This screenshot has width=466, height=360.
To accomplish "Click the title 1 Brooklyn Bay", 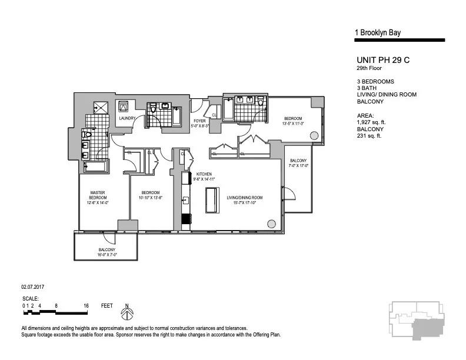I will [378, 33].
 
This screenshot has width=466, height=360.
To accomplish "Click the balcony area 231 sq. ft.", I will [369, 136].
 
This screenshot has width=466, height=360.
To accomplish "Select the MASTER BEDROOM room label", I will [98, 195].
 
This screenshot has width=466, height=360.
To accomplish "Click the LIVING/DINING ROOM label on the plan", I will [245, 197].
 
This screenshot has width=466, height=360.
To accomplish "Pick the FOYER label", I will [198, 121].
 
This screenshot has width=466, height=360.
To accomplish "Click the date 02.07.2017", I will [34, 287].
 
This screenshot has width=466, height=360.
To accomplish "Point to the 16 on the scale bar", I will [86, 306].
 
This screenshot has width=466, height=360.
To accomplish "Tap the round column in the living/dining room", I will [271, 224].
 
